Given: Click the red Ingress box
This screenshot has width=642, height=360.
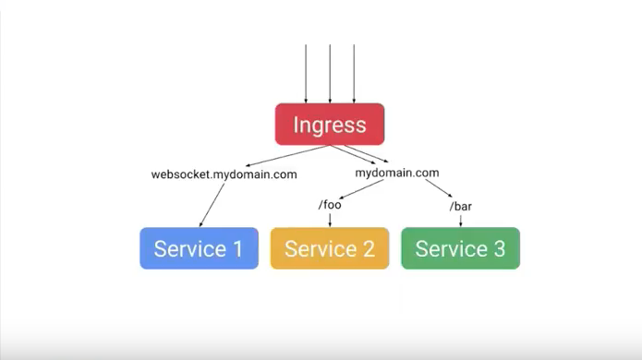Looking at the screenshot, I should tap(329, 125).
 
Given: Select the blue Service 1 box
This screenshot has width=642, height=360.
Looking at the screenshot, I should tap(199, 248).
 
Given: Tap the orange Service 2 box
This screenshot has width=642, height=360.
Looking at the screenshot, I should tap(329, 248).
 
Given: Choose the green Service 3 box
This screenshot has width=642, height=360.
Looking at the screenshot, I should tap(460, 248).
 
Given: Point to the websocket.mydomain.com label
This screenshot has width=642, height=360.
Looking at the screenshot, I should tap(224, 174).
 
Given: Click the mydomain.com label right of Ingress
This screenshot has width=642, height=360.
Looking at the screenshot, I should tap(397, 173).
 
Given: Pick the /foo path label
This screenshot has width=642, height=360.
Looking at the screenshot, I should tap(330, 205).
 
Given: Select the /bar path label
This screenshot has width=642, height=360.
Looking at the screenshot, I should tap(461, 206).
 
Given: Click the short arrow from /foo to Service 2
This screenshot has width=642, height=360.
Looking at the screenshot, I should tap(330, 220).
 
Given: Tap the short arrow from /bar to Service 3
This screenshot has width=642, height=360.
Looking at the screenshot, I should tap(461, 220).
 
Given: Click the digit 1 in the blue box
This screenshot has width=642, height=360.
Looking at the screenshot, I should tap(237, 248).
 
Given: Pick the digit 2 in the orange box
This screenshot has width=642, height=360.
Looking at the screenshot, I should tap(368, 248).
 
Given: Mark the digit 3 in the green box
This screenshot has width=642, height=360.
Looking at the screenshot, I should tap(499, 248).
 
